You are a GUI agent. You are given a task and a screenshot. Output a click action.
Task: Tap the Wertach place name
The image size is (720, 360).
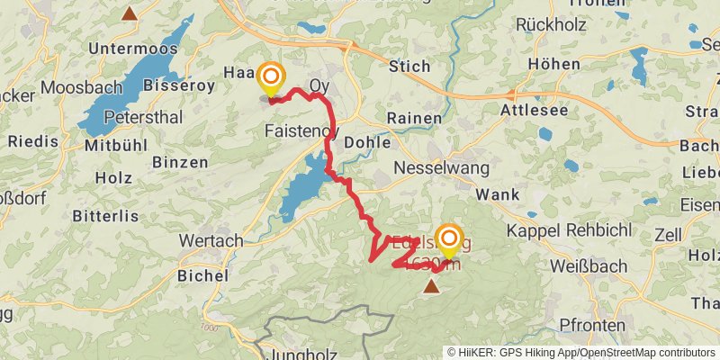click(211, 240)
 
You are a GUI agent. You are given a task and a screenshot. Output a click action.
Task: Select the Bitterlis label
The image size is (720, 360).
click(107, 216)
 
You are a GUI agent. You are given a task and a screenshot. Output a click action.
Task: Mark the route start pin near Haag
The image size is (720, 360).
click(270, 76)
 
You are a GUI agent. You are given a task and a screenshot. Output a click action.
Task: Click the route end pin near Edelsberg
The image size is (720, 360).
click(447, 237)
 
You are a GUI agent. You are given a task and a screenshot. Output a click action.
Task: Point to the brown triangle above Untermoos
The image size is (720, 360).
click(131, 13)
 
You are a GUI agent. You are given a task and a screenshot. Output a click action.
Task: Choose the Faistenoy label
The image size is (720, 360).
click(301, 130)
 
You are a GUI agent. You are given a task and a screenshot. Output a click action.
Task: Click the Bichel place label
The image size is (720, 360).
click(200, 274)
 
